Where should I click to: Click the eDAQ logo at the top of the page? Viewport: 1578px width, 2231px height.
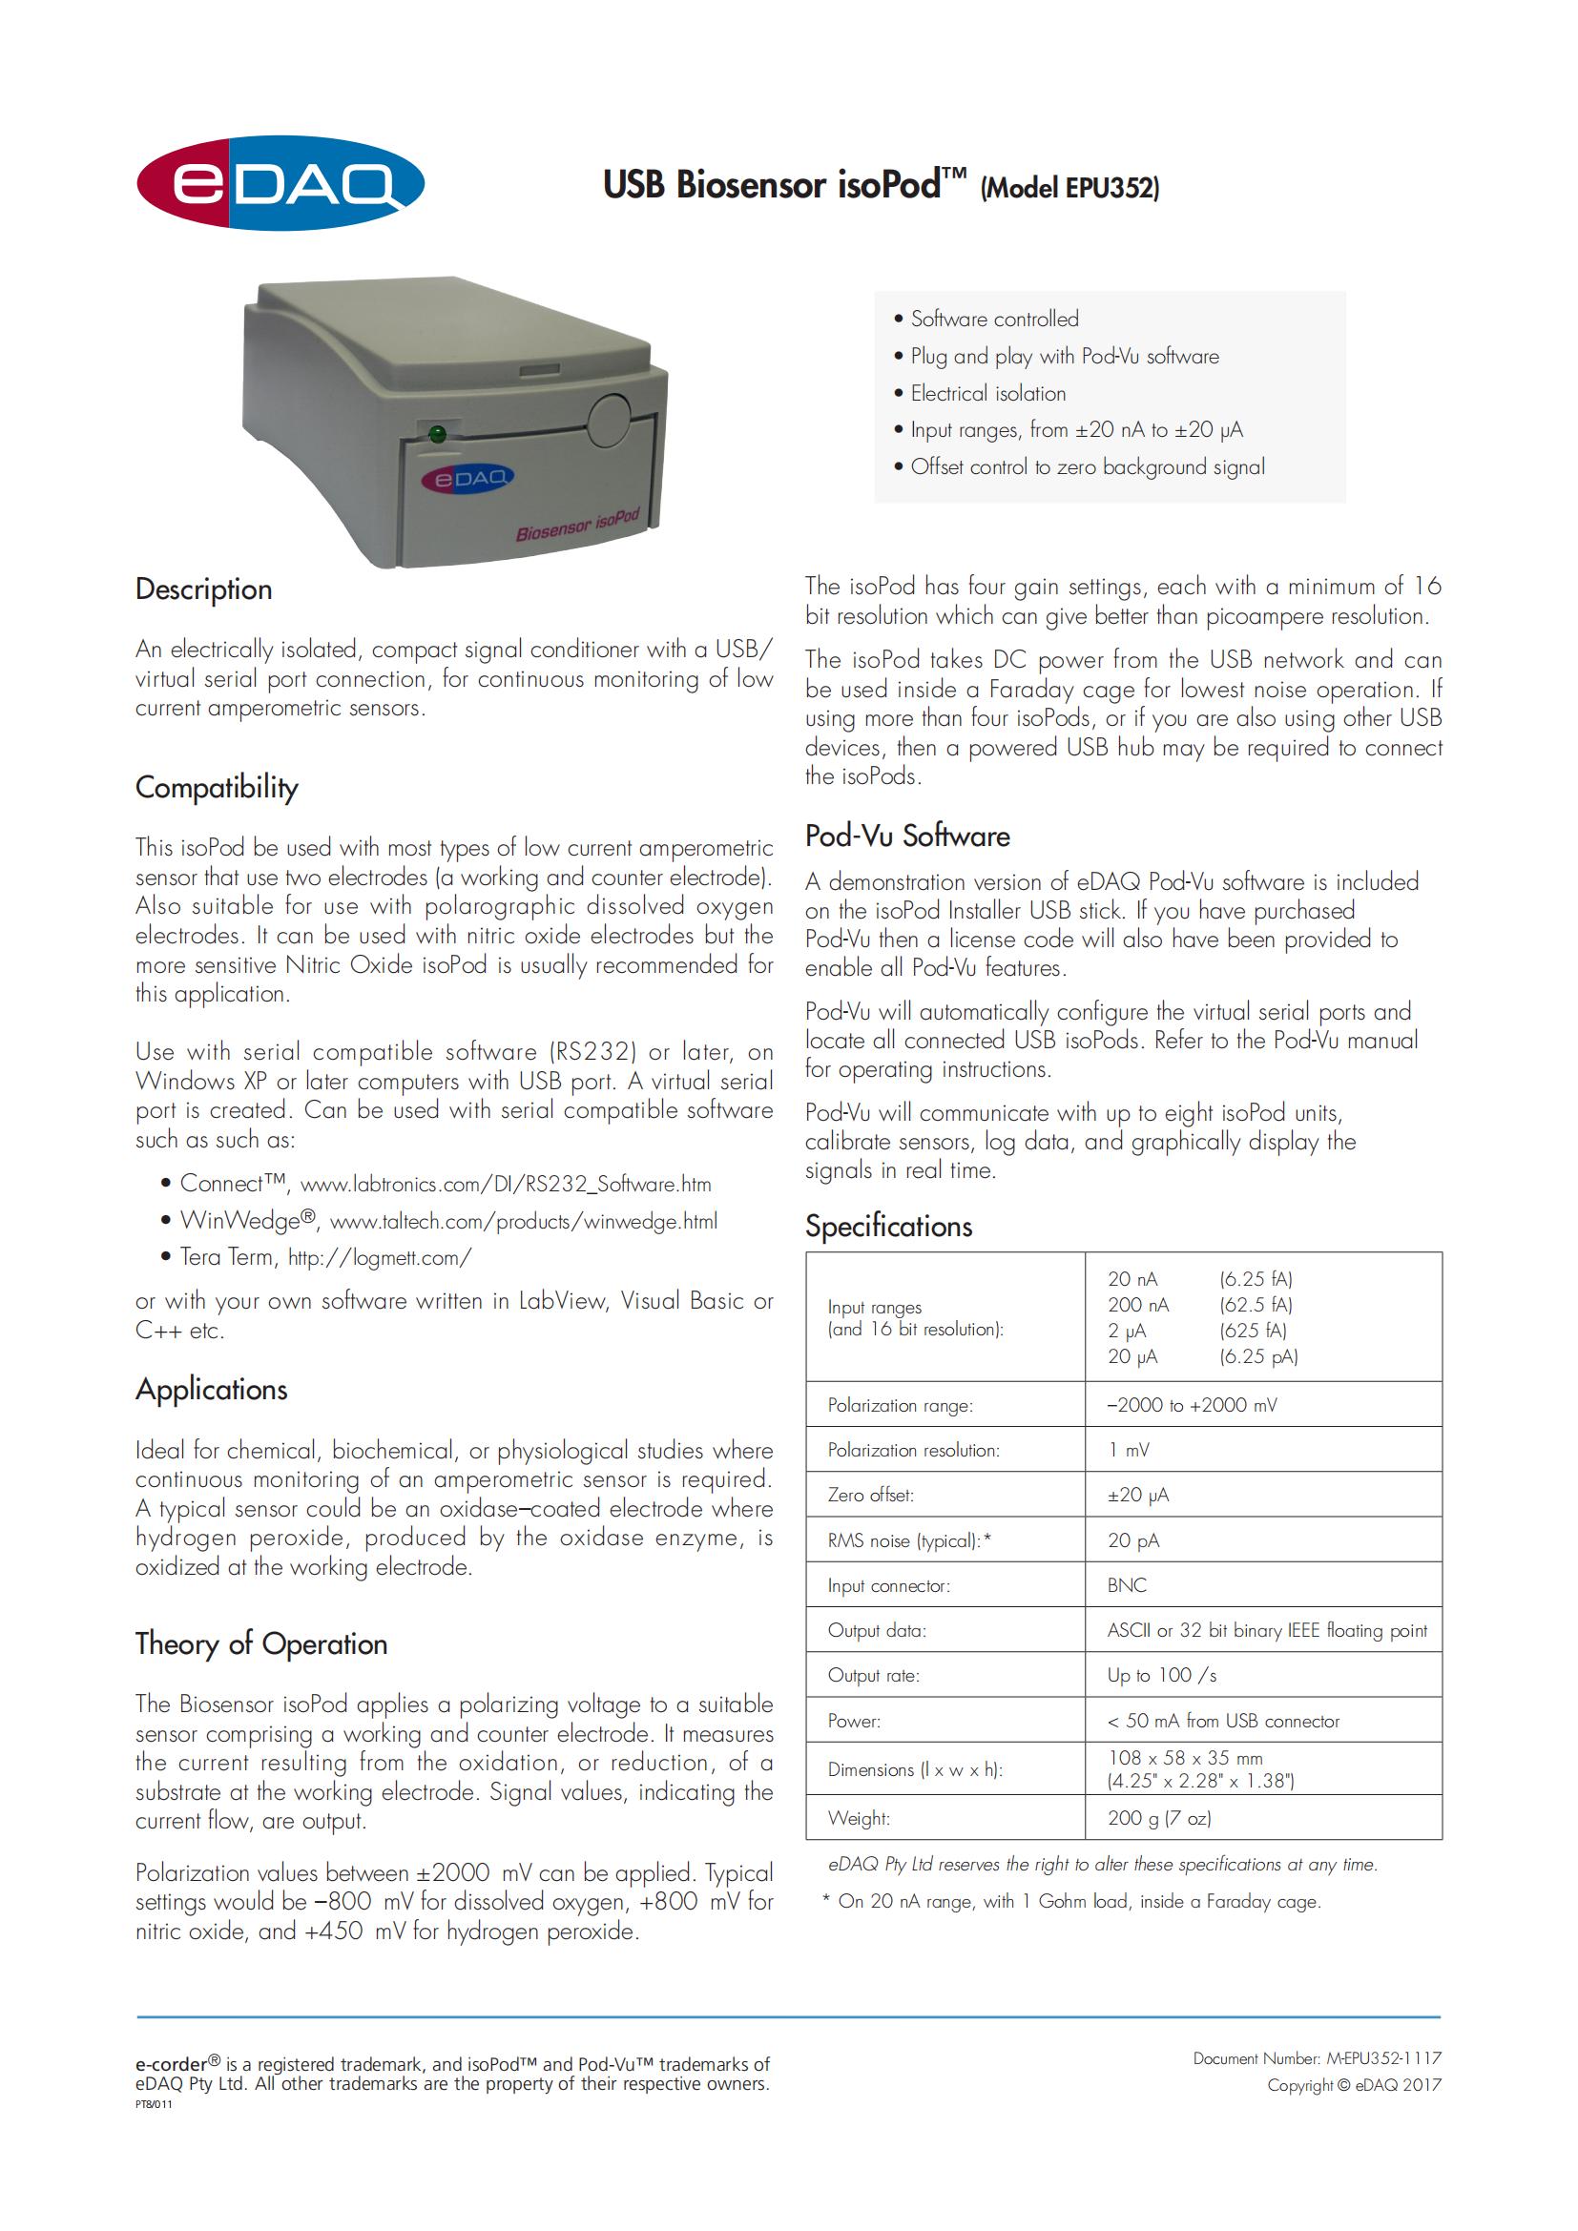280,183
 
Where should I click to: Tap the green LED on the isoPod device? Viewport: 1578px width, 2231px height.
437,433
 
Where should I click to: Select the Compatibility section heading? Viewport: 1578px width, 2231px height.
217,787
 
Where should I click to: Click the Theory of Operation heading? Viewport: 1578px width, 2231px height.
261,1643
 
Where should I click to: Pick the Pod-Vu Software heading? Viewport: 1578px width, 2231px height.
906,836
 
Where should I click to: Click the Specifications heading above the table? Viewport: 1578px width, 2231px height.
888,1226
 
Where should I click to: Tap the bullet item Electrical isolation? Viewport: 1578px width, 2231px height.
987,394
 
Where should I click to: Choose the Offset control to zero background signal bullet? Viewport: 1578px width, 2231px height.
1087,466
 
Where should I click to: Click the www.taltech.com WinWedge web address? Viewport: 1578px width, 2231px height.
523,1222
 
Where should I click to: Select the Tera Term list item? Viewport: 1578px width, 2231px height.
325,1257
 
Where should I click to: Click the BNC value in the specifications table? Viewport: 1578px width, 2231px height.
1127,1585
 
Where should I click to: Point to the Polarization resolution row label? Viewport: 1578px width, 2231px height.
912,1450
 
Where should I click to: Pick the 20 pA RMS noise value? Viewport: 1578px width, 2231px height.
1133,1540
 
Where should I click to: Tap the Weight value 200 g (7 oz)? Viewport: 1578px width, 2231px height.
1158,1817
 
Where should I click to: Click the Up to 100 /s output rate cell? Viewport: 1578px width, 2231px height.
1161,1675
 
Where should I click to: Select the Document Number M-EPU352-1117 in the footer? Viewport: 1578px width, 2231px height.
1317,2058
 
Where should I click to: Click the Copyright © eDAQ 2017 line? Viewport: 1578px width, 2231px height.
1354,2084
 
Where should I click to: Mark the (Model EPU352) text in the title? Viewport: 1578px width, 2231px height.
1069,188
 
